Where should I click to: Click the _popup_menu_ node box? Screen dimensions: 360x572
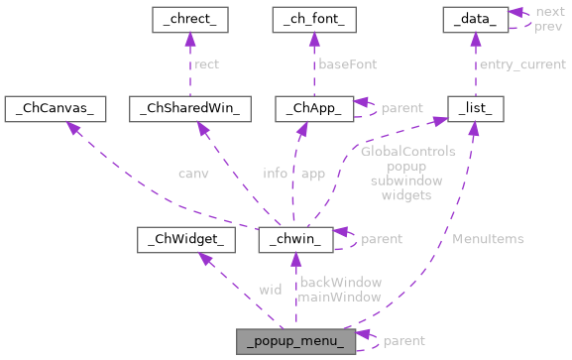pyautogui.click(x=295, y=340)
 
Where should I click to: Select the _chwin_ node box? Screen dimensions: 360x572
pyautogui.click(x=290, y=239)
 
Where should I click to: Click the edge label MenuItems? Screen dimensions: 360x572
pyautogui.click(x=488, y=239)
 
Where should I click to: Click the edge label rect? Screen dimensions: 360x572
pyautogui.click(x=206, y=64)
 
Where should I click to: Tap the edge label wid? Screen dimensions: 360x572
pyautogui.click(x=270, y=290)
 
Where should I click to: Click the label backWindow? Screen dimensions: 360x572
pyautogui.click(x=340, y=283)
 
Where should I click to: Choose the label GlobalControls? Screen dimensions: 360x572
pyautogui.click(x=407, y=152)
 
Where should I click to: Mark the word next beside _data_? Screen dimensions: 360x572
pyautogui.click(x=549, y=11)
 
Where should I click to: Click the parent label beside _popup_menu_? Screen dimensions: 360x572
pyautogui.click(x=403, y=340)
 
